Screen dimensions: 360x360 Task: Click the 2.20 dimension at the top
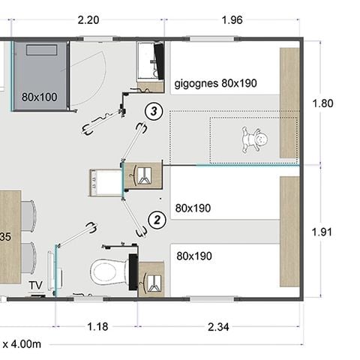pyautogui.click(x=88, y=20)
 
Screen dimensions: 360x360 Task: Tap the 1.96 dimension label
pyautogui.click(x=232, y=20)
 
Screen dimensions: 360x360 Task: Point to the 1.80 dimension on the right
pyautogui.click(x=322, y=103)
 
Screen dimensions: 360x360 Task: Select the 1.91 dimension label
pyautogui.click(x=322, y=232)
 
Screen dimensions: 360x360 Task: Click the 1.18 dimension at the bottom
pyautogui.click(x=97, y=326)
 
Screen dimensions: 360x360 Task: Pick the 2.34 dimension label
pyautogui.click(x=218, y=327)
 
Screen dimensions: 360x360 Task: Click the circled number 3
pyautogui.click(x=154, y=111)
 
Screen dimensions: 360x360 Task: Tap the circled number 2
pyautogui.click(x=157, y=220)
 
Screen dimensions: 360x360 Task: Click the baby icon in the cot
pyautogui.click(x=254, y=139)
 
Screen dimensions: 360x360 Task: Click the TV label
pyautogui.click(x=36, y=285)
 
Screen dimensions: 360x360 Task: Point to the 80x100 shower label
pyautogui.click(x=40, y=97)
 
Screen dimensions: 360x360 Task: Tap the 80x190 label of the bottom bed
pyautogui.click(x=194, y=256)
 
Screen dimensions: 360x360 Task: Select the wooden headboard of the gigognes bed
pyautogui.click(x=289, y=103)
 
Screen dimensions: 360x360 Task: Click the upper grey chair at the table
pyautogui.click(x=28, y=216)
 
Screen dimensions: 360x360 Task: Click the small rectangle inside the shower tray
pyautogui.click(x=41, y=50)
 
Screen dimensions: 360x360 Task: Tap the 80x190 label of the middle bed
pyautogui.click(x=193, y=208)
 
